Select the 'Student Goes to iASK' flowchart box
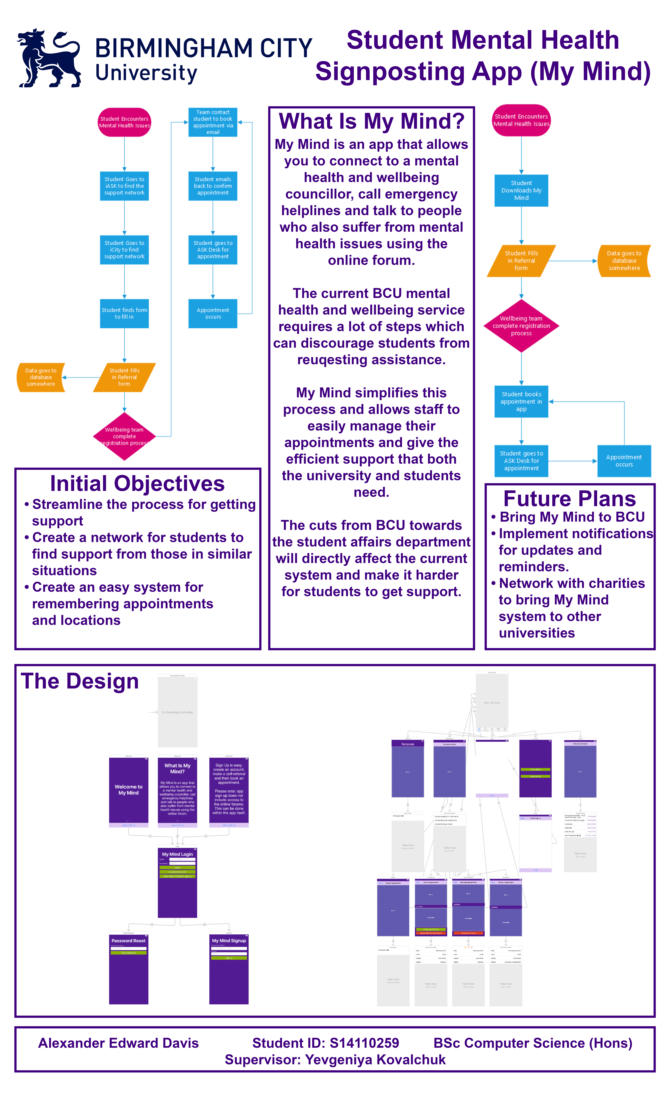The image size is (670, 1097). coord(124,186)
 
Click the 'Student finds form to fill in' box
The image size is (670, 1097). coord(124,313)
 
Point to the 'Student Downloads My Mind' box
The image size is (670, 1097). coord(521,191)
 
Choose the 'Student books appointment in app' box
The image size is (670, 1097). coord(521,402)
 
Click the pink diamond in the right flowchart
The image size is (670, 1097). coord(521,326)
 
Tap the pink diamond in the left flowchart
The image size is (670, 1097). coord(124,436)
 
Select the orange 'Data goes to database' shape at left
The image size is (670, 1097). coord(41,377)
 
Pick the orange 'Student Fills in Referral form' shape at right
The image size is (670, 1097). coord(521,261)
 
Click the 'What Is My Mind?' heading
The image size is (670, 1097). coord(371,121)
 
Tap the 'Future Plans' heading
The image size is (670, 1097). coord(569,499)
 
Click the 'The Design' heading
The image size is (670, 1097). coord(80,681)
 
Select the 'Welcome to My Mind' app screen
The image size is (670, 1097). coord(129,790)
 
